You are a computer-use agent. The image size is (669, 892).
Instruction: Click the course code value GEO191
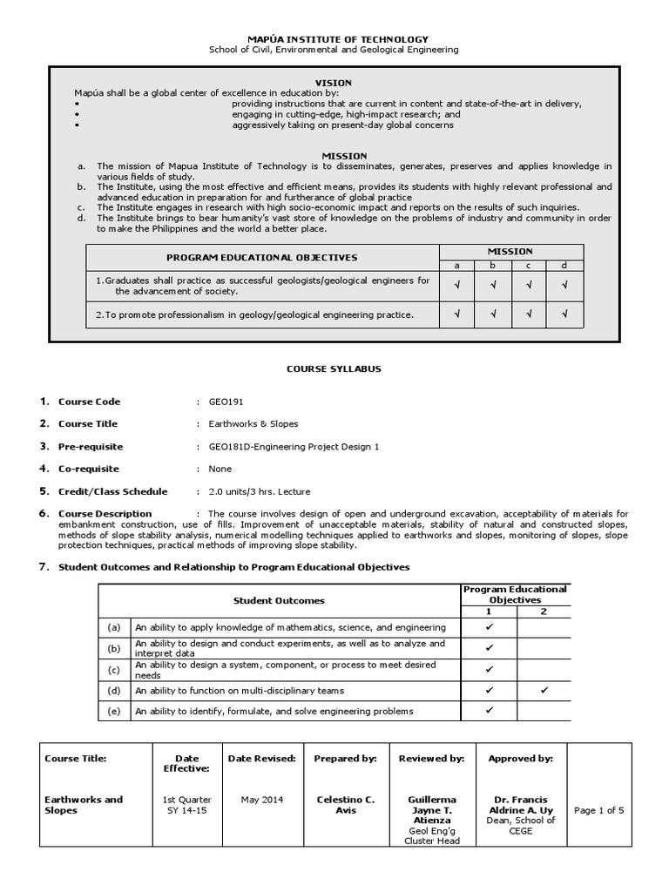(x=225, y=402)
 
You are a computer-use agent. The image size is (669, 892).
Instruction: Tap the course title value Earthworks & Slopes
(x=253, y=424)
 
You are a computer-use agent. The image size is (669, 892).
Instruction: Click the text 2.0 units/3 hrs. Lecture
(x=259, y=491)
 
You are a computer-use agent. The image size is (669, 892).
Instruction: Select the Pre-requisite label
(x=90, y=447)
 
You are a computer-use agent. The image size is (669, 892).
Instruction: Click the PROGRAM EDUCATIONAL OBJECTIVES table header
(x=262, y=258)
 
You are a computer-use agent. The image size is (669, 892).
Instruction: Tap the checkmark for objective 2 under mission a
(x=456, y=314)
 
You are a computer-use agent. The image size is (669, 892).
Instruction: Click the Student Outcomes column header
(x=279, y=600)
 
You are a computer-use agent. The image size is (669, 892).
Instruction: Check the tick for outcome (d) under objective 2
(x=544, y=691)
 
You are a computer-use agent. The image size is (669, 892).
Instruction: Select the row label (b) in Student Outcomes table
(x=113, y=648)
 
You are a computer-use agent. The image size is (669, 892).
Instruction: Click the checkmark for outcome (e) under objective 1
(x=490, y=711)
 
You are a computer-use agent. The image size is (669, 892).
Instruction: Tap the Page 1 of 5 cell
(x=599, y=810)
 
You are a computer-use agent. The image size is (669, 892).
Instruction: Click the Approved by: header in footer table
(x=520, y=759)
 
